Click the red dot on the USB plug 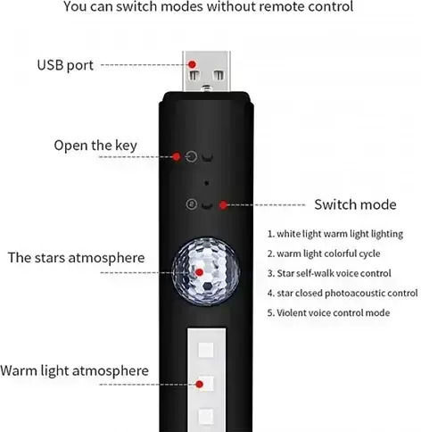[193, 64]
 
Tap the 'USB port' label [65, 65]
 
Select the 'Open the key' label [95, 145]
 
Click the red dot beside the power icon [177, 156]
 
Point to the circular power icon [191, 156]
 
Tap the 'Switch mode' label [355, 204]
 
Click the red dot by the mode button [223, 204]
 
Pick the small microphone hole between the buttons [206, 183]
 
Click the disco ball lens [206, 271]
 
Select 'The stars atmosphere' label [77, 258]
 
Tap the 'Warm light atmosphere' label [74, 371]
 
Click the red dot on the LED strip [200, 385]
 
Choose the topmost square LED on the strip [206, 350]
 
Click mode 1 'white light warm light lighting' [335, 234]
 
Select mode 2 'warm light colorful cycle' [324, 253]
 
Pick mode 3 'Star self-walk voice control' [329, 273]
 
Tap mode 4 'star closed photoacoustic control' [343, 294]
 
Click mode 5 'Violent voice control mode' [328, 313]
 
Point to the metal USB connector [206, 71]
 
